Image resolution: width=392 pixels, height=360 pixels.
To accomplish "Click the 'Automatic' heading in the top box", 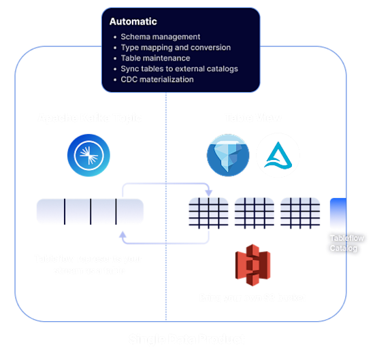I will [x=133, y=22].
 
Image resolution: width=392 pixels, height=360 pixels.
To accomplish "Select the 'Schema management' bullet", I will [x=160, y=37].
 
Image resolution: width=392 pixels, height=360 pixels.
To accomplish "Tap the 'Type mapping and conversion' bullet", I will [x=175, y=48].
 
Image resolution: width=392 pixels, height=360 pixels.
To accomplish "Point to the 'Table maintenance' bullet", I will [x=155, y=59].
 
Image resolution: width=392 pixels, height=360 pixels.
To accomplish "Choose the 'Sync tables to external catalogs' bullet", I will [x=179, y=69].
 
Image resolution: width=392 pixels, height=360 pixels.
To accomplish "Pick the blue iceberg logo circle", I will [x=228, y=154].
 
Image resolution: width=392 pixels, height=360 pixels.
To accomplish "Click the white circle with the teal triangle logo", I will [x=278, y=154].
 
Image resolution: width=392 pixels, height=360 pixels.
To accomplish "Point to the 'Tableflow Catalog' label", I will [x=347, y=243].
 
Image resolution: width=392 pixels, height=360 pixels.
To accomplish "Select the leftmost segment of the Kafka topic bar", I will [x=50, y=212].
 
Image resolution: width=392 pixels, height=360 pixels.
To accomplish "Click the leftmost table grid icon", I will [x=208, y=212].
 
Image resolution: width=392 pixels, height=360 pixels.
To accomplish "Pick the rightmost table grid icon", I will [x=300, y=212].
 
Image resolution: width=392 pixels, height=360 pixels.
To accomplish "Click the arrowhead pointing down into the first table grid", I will [x=208, y=194].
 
